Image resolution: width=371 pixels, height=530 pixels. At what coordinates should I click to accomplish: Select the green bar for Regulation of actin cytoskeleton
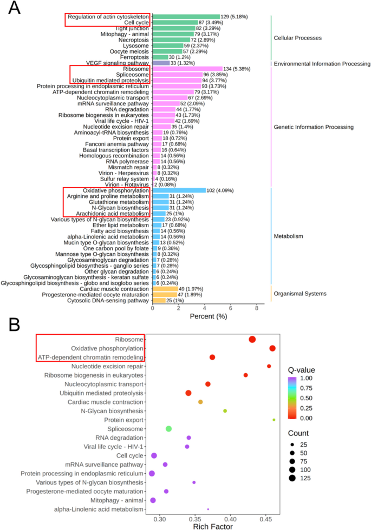tap(186, 17)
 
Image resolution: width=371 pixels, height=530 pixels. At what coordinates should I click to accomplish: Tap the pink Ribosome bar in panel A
tap(187, 69)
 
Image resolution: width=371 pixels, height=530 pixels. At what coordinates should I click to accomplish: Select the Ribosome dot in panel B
tap(252, 339)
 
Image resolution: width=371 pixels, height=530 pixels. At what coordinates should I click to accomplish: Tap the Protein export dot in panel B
tap(274, 419)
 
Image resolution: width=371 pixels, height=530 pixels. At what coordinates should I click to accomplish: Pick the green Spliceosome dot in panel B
tap(168, 428)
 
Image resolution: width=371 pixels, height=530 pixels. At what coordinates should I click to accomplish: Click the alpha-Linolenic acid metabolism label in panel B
tap(99, 509)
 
